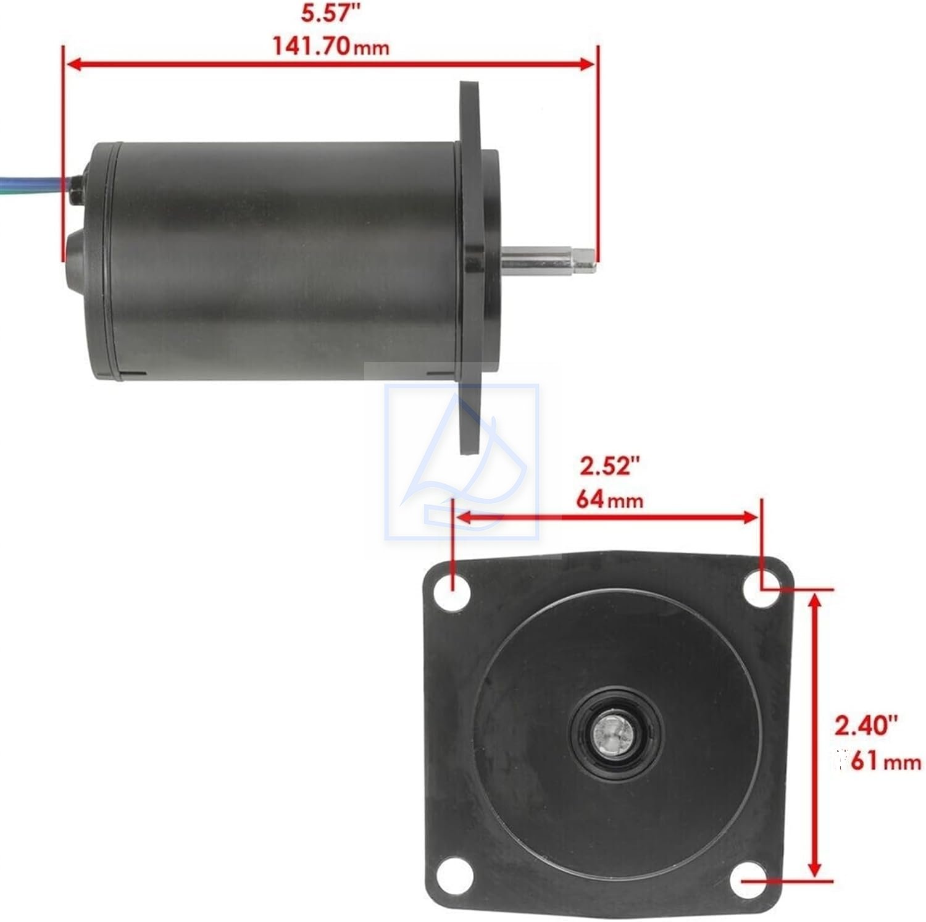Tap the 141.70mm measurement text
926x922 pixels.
(332, 46)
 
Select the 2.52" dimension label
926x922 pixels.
(607, 466)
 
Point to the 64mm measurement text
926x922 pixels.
(610, 499)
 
